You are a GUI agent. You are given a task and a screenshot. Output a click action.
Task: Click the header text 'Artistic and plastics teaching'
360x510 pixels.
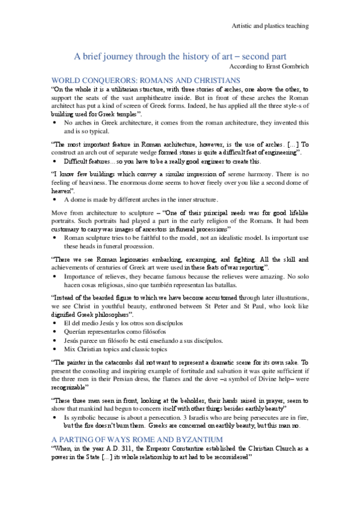click(x=270, y=26)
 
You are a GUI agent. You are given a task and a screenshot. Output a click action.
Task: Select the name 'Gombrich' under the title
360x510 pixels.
click(x=291, y=66)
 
